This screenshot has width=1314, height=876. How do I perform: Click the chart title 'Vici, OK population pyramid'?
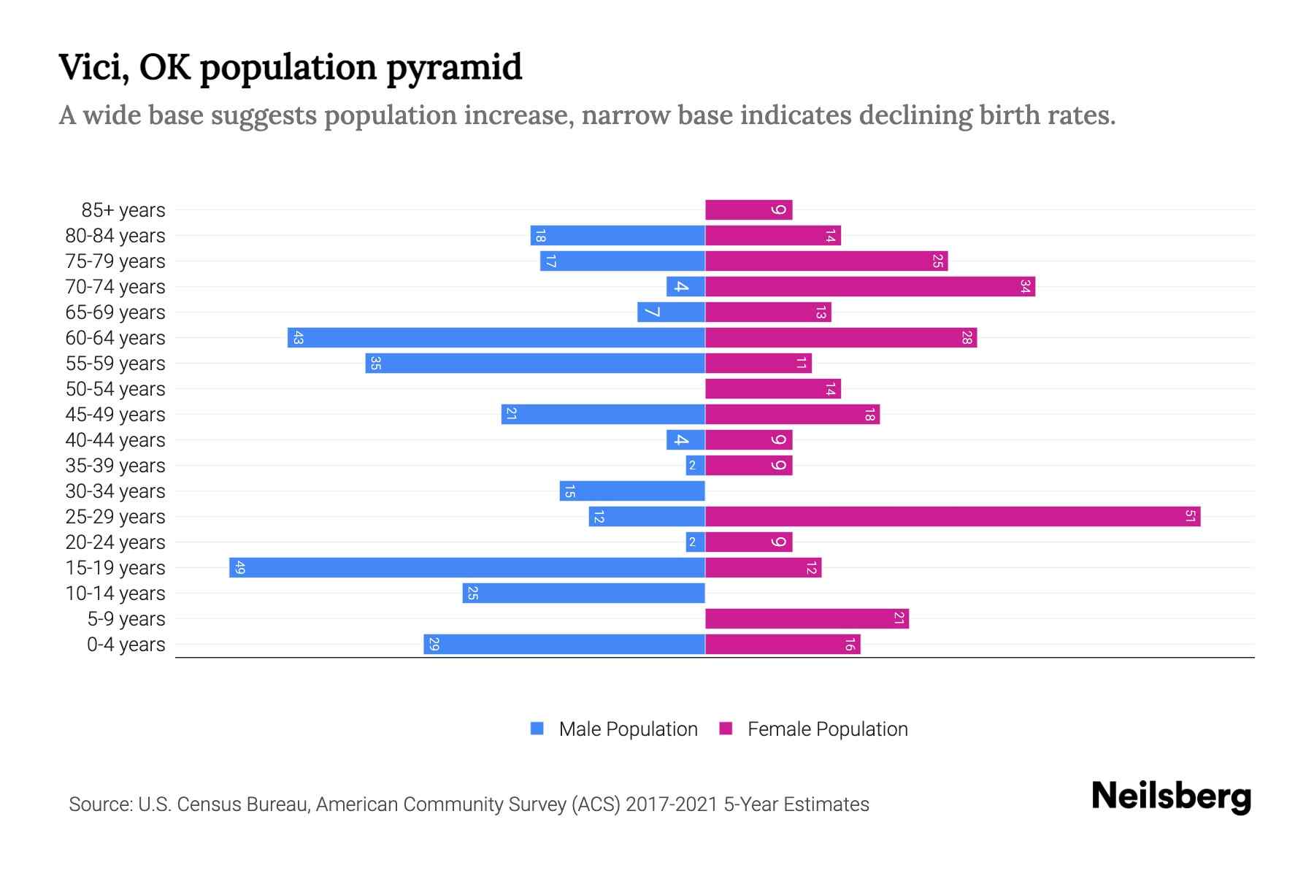290,67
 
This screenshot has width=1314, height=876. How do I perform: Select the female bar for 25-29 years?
953,517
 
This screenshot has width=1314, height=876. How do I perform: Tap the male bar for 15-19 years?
467,568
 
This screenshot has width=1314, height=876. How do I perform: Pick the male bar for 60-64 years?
496,338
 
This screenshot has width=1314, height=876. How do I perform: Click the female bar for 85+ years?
748,210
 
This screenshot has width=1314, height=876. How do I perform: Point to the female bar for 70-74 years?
870,287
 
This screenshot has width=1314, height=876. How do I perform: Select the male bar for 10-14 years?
584,593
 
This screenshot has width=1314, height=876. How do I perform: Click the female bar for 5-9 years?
807,619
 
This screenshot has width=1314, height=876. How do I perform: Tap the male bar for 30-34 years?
632,491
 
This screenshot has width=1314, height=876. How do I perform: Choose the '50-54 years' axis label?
115,389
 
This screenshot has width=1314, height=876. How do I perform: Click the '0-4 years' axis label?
126,645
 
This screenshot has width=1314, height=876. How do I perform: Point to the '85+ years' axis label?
123,210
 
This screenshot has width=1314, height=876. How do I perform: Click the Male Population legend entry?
614,729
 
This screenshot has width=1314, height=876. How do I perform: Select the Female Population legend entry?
814,729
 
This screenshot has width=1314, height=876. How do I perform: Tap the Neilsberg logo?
1171,796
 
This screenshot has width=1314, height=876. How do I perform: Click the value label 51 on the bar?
1190,517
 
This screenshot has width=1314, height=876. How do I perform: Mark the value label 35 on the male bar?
375,364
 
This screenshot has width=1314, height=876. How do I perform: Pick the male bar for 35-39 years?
696,466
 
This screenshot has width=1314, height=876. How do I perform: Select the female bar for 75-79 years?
826,261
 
